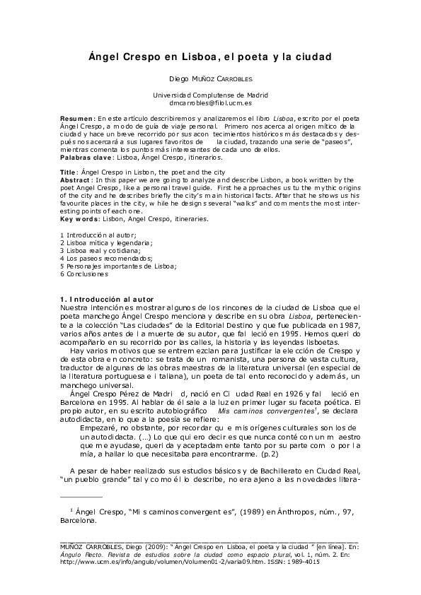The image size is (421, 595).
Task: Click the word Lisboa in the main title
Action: (189, 55)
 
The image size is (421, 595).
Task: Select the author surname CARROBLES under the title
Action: (228, 80)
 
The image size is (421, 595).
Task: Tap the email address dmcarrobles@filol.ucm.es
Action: (210, 102)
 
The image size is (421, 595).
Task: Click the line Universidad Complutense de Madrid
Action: (210, 95)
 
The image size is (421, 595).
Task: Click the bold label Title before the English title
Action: (69, 172)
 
